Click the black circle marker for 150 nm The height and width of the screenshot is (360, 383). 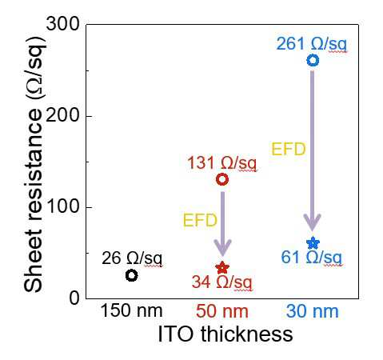[131, 271]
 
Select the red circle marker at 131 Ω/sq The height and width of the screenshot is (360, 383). [222, 174]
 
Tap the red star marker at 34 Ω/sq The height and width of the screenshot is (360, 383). [222, 268]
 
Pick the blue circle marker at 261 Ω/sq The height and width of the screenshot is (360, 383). [313, 55]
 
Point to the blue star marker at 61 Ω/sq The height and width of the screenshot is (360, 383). [313, 243]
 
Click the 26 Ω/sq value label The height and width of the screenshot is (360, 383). [132, 258]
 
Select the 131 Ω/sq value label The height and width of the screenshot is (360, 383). [221, 162]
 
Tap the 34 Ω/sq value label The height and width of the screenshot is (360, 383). [221, 282]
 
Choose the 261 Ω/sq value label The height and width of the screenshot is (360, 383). [312, 44]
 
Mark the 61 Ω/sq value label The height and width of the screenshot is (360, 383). [312, 258]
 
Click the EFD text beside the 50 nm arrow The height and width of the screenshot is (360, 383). [200, 221]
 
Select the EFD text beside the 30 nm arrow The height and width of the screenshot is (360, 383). [289, 149]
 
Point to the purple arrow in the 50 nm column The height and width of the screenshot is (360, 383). [222, 224]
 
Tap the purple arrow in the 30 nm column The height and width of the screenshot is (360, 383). [313, 150]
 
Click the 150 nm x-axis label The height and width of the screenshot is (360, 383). [132, 311]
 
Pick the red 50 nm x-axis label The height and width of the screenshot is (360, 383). [222, 311]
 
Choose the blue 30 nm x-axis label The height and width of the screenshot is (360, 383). [313, 311]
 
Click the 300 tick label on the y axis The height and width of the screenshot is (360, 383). [63, 24]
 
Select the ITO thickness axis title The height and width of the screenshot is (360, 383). [225, 334]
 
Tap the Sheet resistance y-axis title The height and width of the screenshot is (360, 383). [34, 163]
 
